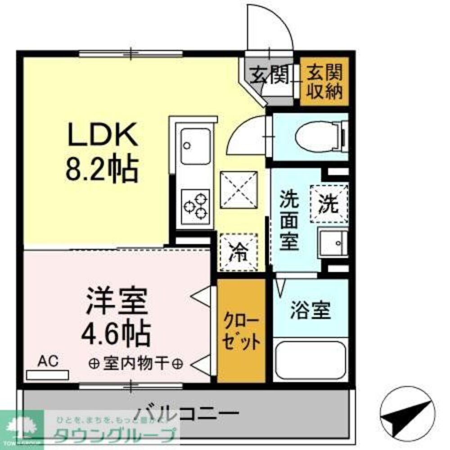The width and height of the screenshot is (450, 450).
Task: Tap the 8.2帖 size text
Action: point(102,170)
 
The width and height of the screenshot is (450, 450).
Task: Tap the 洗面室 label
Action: point(289,220)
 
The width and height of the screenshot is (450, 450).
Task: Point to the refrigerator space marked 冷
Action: point(238,252)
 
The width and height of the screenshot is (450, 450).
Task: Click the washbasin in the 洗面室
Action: point(333,243)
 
